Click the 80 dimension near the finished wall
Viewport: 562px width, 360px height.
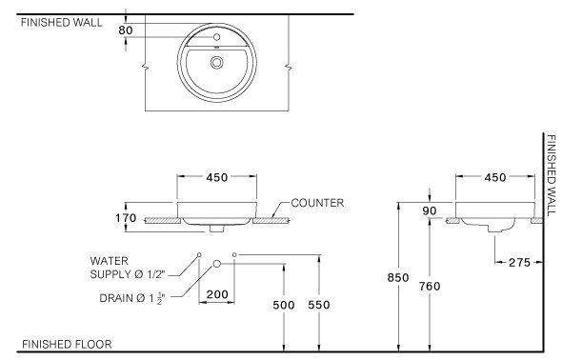click(x=126, y=30)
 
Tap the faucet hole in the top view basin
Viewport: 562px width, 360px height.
click(x=216, y=37)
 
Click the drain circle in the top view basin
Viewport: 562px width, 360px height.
click(x=216, y=62)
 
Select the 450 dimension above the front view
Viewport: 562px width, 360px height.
click(x=216, y=177)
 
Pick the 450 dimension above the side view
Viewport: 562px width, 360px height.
click(x=495, y=177)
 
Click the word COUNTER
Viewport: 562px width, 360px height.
click(x=317, y=203)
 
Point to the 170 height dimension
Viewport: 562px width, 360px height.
click(x=126, y=218)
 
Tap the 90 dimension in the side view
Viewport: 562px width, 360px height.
click(x=429, y=211)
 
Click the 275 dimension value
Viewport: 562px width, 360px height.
click(x=519, y=263)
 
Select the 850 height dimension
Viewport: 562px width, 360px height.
click(x=398, y=277)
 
